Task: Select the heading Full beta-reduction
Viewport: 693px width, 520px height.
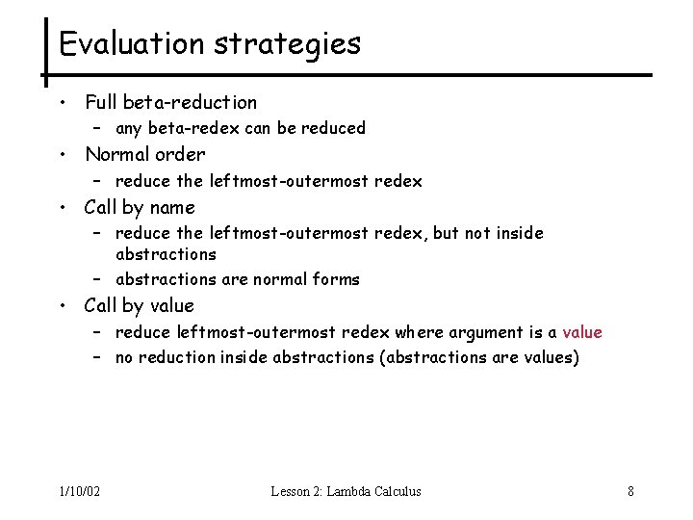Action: coord(170,101)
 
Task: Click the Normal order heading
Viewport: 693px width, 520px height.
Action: coord(144,154)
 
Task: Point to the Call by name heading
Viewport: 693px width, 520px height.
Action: coord(140,207)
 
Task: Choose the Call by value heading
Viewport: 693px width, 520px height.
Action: coord(140,306)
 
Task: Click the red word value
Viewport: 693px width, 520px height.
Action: coord(582,332)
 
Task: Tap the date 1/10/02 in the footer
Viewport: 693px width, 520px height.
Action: coord(78,491)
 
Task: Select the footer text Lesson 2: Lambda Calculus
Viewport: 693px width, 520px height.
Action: coord(346,491)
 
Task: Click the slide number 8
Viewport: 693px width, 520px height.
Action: coord(630,491)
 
